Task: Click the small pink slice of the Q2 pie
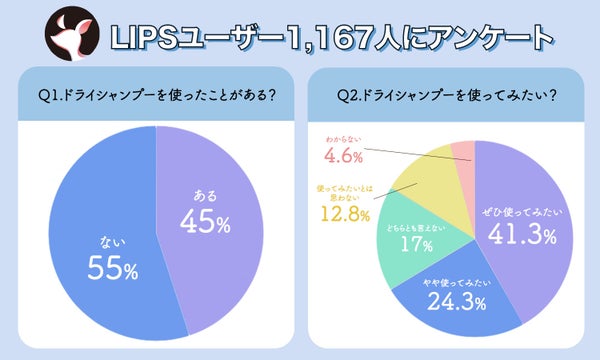tap(462, 152)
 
